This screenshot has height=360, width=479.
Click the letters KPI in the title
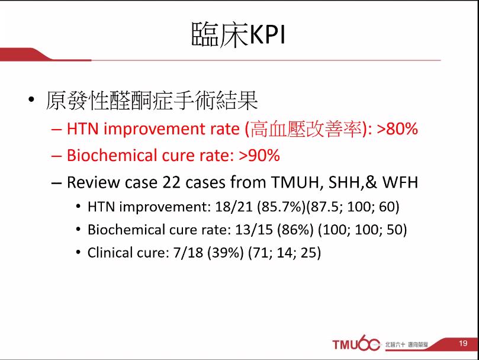coord(267,34)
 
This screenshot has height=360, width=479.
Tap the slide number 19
coord(463,343)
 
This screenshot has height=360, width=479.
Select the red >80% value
coord(397,128)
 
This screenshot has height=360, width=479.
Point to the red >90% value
coord(259,155)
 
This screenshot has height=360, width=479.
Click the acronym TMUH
coord(295,182)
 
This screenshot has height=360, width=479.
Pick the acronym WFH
coord(400,182)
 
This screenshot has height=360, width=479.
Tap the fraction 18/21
coord(234,207)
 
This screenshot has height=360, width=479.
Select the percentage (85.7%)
coord(281,207)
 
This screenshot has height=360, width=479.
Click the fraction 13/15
coord(254,230)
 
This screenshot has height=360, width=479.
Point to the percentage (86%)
coord(295,230)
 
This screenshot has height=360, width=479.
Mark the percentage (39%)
coord(226,253)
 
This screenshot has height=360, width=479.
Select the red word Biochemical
coord(112,155)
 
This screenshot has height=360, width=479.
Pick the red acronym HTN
coord(83,128)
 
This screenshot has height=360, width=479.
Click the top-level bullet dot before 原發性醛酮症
coord(31,99)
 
